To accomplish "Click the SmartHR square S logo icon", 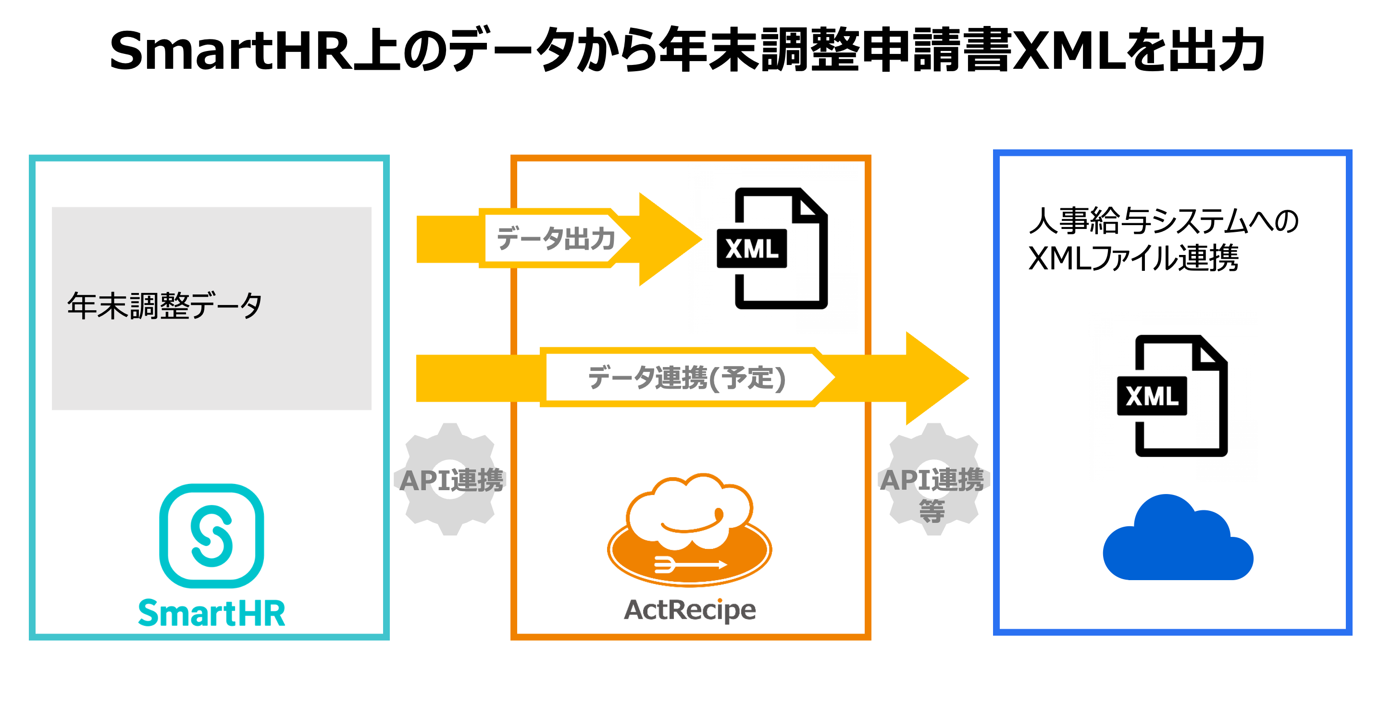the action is pos(211,535).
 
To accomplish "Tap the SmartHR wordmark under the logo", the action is pos(211,613).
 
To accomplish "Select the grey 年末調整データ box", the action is pos(211,308).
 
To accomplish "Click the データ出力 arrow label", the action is pos(556,238).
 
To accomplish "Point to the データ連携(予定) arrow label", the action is pos(687,378).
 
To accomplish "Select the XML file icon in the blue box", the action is pos(1172,396).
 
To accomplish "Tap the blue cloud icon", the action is pos(1178,537).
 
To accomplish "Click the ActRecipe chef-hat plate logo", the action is pos(689,529).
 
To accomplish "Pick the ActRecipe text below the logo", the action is pos(689,610).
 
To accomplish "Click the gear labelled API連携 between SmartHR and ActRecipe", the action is pos(450,479).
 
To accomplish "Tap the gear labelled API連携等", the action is pos(933,479).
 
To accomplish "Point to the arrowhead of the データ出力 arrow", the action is pos(701,240).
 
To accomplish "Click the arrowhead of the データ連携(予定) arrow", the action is pos(968,378).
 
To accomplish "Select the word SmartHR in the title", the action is pos(230,51).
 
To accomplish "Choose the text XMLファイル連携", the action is pos(1134,258).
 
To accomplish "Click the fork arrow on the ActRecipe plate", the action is pos(691,564).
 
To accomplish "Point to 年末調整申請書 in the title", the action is pos(835,51).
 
